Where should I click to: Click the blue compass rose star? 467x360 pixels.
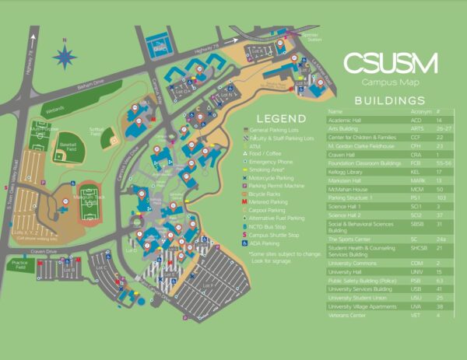(x=65, y=56)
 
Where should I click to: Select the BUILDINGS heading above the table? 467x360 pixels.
(x=390, y=101)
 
